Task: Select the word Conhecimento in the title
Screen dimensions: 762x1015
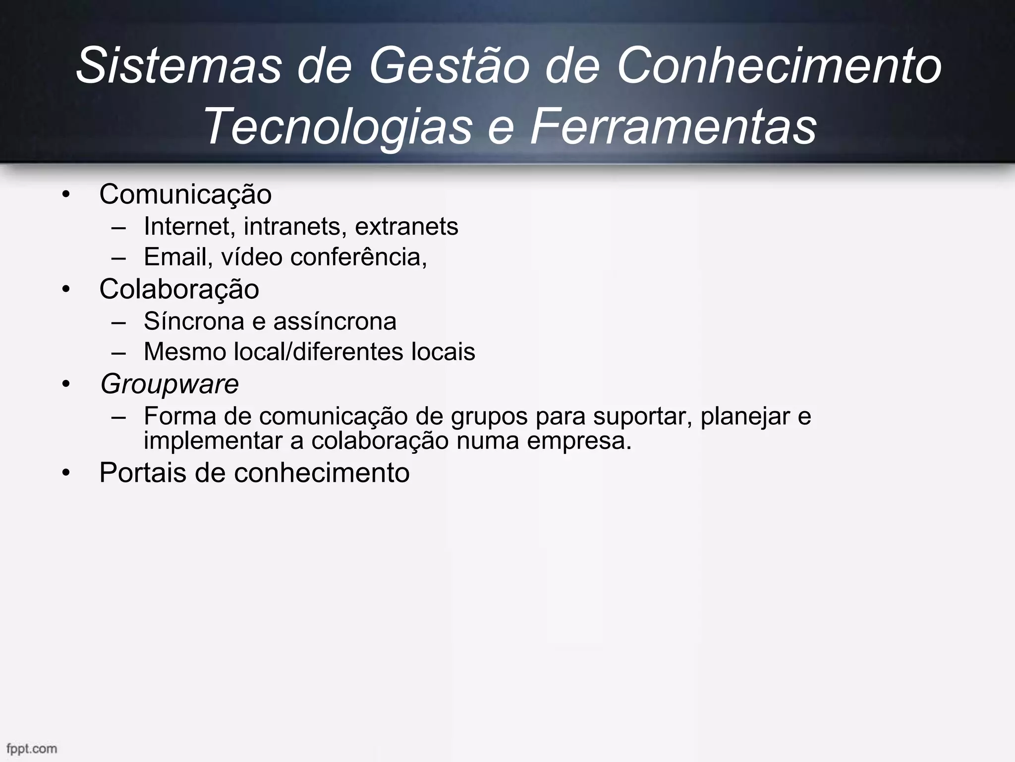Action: [779, 66]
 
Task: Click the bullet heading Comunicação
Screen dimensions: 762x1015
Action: [185, 194]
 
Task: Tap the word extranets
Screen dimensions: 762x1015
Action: [406, 227]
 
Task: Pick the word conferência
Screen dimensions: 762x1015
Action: [358, 257]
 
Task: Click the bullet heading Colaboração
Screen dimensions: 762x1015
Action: [179, 289]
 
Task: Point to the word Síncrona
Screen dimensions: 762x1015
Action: [194, 321]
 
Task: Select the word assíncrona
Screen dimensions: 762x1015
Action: [335, 321]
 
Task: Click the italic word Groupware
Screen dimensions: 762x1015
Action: [169, 384]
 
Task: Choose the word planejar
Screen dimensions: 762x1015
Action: [745, 417]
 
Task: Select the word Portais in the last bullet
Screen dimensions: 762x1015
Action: [143, 472]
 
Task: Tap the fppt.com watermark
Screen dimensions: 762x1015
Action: [32, 748]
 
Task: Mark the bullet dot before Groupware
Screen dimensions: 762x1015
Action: [66, 384]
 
